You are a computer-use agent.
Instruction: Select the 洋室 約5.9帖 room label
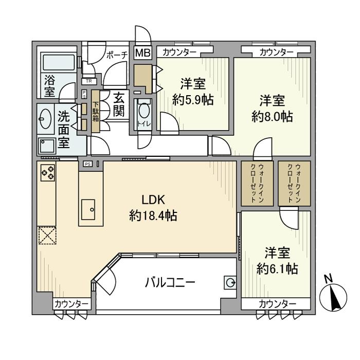pyautogui.click(x=193, y=91)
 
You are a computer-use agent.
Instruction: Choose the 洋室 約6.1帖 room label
pyautogui.click(x=277, y=260)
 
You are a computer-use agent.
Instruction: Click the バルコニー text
pyautogui.click(x=170, y=282)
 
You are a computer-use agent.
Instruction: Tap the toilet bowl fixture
pyautogui.click(x=145, y=112)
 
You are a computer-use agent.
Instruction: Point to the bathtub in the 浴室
pyautogui.click(x=58, y=64)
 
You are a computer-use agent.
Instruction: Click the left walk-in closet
pyautogui.click(x=255, y=184)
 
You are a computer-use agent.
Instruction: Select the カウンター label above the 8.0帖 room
pyautogui.click(x=276, y=52)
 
